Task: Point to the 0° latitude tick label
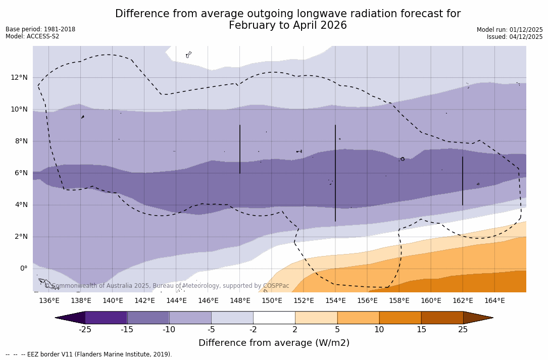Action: (23, 269)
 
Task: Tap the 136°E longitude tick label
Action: (49, 301)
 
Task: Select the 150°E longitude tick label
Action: (272, 301)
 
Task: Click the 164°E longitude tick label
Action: (494, 301)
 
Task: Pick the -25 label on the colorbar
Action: (85, 330)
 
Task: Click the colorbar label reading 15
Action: (421, 330)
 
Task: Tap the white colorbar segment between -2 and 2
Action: (274, 318)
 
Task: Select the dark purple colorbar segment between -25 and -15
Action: (106, 318)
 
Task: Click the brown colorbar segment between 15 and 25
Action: (442, 318)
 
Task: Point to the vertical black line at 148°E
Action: (240, 149)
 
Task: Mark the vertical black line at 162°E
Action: (463, 181)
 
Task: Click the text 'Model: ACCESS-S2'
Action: (32, 36)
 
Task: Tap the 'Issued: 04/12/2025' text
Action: (515, 37)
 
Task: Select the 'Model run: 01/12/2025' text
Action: (510, 30)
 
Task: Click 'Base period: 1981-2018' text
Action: (40, 29)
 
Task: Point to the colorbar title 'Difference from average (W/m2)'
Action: (274, 343)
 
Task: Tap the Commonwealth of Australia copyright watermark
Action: (167, 286)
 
